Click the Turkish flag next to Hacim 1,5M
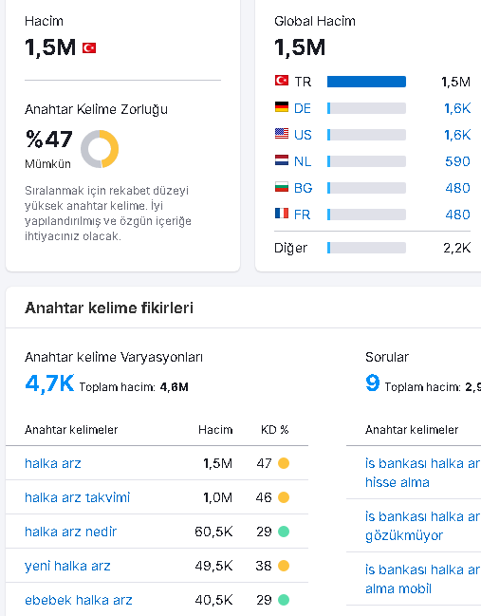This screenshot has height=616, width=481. point(89,47)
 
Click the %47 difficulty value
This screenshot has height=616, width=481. point(49,140)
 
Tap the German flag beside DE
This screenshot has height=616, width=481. point(282,107)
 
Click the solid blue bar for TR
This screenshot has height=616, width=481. point(366,82)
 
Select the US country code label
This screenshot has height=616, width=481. point(303,135)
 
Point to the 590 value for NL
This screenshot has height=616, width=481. point(457,161)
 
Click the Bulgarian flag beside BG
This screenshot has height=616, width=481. point(282,187)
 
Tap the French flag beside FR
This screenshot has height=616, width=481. point(282,214)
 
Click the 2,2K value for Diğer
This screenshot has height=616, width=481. point(456,248)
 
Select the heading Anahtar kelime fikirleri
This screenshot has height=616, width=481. point(109,308)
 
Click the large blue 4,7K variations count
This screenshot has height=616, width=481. point(49,383)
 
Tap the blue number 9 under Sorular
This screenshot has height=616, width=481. point(373,383)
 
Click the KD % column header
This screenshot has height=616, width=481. point(275,430)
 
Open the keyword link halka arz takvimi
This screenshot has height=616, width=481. point(78,497)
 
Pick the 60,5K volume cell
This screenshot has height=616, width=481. point(213,532)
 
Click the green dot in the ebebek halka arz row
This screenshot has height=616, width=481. point(284,600)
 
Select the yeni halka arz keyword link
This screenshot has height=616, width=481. point(67,566)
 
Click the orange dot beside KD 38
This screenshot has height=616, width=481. point(284,566)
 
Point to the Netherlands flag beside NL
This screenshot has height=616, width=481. point(282,160)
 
